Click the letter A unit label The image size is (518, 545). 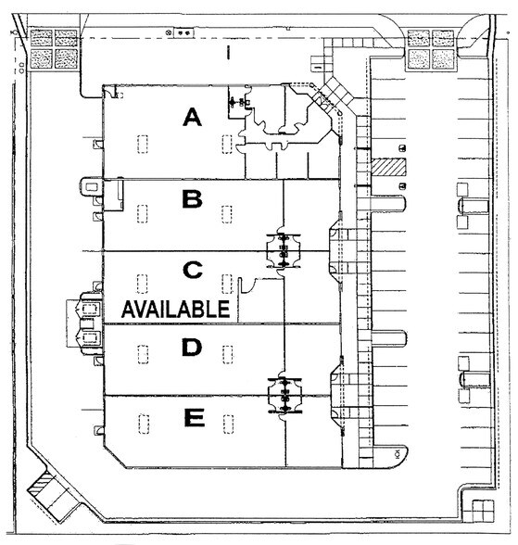[192, 117]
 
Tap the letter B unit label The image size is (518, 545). [192, 199]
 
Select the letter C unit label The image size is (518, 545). [193, 270]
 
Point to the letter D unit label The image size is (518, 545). [192, 347]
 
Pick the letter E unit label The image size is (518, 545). [195, 417]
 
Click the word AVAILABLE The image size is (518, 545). [176, 309]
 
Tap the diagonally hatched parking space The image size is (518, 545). [388, 167]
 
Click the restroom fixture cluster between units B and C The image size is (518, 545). [284, 251]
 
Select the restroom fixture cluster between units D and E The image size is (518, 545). [284, 396]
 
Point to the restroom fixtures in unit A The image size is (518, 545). [240, 102]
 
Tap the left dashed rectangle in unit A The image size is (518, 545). [143, 144]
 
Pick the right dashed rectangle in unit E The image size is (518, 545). [228, 425]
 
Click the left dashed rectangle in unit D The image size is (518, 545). [143, 354]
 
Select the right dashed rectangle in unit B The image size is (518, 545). [227, 214]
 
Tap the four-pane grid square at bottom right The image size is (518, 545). [484, 511]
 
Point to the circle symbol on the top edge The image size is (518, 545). [169, 32]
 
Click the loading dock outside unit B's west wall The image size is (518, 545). [92, 187]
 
